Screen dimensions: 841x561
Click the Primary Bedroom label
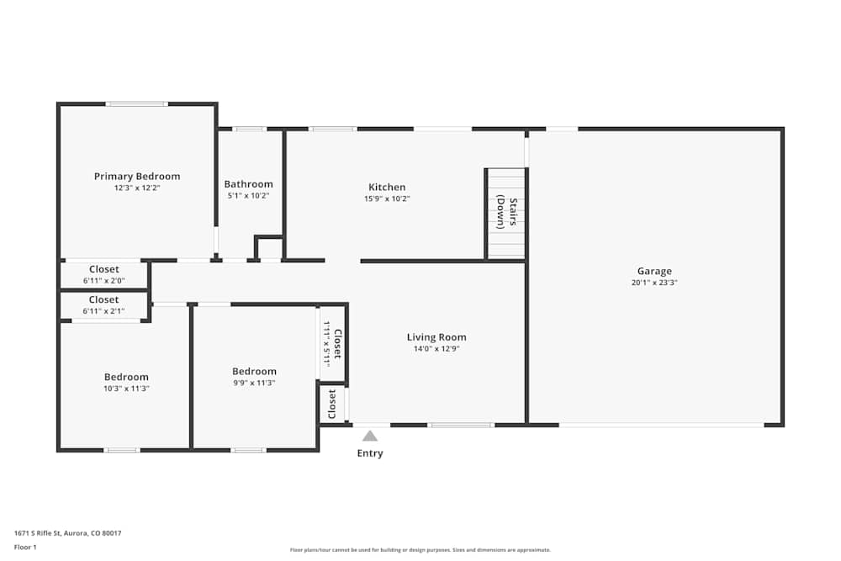137,177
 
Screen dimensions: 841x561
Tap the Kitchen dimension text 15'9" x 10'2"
387,198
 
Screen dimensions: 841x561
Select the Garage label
654,272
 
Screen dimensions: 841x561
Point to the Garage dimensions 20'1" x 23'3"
654,283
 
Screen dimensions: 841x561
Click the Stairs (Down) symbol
505,214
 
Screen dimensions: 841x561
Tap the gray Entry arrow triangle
369,436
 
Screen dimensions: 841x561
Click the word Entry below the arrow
370,453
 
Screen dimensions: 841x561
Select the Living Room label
436,337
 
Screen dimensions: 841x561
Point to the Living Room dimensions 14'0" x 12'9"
436,348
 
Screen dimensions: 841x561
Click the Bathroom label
248,184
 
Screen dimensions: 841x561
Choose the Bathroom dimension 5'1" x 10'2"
248,196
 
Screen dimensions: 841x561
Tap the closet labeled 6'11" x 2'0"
104,274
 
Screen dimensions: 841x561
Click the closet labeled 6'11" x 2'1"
104,305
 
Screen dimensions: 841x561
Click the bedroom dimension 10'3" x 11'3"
126,389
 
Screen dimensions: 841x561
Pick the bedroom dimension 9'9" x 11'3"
254,383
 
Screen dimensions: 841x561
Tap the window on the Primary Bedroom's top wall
137,104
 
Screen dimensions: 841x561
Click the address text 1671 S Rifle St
38,533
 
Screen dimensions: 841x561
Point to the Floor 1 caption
25,547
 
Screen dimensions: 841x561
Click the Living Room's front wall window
461,426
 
